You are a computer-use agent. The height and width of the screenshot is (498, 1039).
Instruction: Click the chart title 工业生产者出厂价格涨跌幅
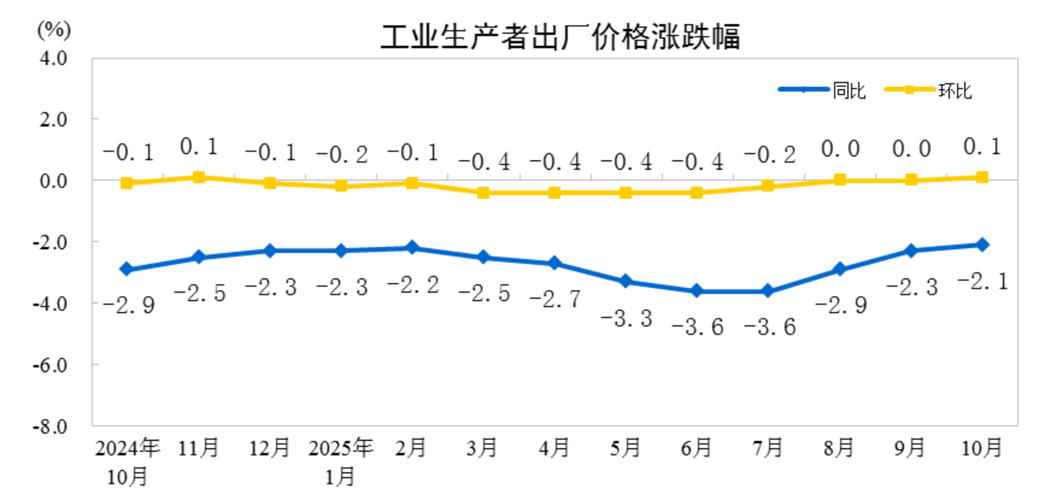click(x=560, y=37)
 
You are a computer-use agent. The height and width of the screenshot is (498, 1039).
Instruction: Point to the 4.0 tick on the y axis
click(x=53, y=58)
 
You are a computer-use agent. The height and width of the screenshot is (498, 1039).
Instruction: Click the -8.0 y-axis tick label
click(x=50, y=426)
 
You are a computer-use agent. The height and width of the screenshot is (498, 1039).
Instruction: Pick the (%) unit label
click(x=54, y=30)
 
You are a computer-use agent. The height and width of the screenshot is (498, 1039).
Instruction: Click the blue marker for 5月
click(x=625, y=281)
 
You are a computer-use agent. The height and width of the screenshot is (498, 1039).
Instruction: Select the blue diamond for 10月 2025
click(x=982, y=245)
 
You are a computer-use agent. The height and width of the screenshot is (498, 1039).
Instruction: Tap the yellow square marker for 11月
click(x=199, y=177)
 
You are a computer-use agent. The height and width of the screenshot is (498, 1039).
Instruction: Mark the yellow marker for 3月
click(x=483, y=193)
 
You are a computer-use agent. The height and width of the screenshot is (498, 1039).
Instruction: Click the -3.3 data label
click(x=626, y=319)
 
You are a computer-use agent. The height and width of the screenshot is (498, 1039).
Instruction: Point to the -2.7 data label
click(x=555, y=299)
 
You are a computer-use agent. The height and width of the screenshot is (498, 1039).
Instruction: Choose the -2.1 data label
click(x=983, y=281)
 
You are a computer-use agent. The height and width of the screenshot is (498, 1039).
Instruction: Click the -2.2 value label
click(x=413, y=285)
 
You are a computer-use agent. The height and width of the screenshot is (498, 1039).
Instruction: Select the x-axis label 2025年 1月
click(x=340, y=461)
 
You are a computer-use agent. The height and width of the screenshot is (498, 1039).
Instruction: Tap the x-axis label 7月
click(x=767, y=447)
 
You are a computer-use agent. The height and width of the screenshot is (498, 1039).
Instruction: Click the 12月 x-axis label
click(x=269, y=447)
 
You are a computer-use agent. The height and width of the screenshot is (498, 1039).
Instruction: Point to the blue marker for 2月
click(x=412, y=248)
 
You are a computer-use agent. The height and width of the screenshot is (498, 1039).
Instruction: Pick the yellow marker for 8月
click(x=839, y=180)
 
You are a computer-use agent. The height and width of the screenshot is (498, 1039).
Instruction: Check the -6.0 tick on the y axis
click(x=50, y=365)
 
